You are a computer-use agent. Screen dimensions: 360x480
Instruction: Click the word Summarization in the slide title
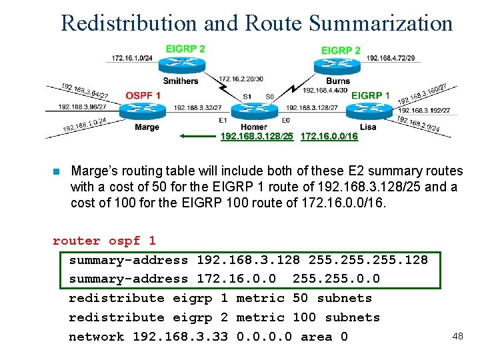pyautogui.click(x=381, y=23)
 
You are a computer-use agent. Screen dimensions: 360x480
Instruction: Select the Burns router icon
pyautogui.click(x=333, y=65)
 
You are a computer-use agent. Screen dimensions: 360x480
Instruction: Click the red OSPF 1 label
pyautogui.click(x=143, y=95)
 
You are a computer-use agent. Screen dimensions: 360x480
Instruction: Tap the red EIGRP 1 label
pyautogui.click(x=371, y=95)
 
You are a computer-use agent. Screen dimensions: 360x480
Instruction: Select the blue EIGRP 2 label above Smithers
pyautogui.click(x=185, y=49)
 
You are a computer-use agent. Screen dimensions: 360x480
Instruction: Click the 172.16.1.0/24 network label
pyautogui.click(x=132, y=59)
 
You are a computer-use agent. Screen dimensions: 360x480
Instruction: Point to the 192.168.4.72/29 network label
pyautogui.click(x=391, y=58)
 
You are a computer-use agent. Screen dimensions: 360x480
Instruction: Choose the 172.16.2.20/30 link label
pyautogui.click(x=241, y=79)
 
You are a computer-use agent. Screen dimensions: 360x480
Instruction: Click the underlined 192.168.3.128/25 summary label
pyautogui.click(x=257, y=137)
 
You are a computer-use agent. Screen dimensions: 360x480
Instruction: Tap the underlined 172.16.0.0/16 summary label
pyautogui.click(x=329, y=137)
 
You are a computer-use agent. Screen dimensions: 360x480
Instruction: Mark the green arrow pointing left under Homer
pyautogui.click(x=199, y=136)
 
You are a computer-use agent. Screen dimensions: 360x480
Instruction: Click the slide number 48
pyautogui.click(x=457, y=335)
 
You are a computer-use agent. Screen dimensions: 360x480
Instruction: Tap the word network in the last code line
pyautogui.click(x=97, y=337)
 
